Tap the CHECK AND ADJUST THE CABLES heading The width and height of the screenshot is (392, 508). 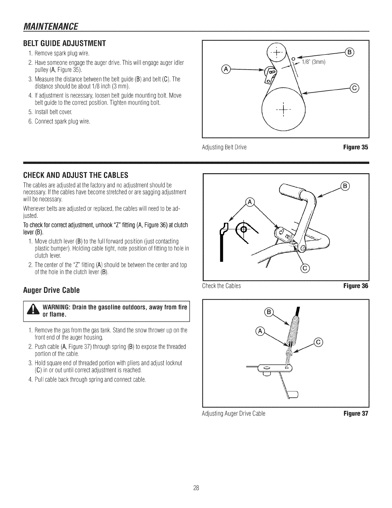pos(76,175)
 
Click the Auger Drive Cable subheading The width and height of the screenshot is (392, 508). pos(51,291)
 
